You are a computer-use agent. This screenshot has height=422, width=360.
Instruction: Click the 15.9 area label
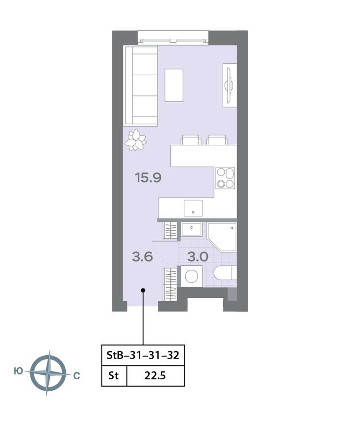[x=148, y=178]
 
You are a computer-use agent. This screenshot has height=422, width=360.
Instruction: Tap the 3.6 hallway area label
[x=142, y=257]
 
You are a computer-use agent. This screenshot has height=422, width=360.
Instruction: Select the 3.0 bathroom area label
[x=197, y=257]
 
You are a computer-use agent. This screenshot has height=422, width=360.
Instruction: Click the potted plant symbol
[x=135, y=140]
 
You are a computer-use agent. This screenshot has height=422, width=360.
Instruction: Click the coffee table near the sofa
[x=174, y=85]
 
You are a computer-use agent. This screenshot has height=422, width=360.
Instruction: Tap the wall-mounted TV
[x=229, y=85]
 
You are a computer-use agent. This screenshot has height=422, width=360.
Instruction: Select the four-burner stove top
[x=225, y=177]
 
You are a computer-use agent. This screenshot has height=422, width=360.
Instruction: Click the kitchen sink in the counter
[x=193, y=208]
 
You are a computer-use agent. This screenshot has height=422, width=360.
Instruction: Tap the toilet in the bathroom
[x=223, y=274]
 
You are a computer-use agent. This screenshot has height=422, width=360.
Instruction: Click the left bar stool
[x=191, y=140]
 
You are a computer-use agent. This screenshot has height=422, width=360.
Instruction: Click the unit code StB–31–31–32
[x=143, y=356]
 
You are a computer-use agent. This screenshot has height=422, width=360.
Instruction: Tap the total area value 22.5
[x=155, y=375]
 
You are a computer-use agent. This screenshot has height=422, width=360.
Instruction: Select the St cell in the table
[x=114, y=375]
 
